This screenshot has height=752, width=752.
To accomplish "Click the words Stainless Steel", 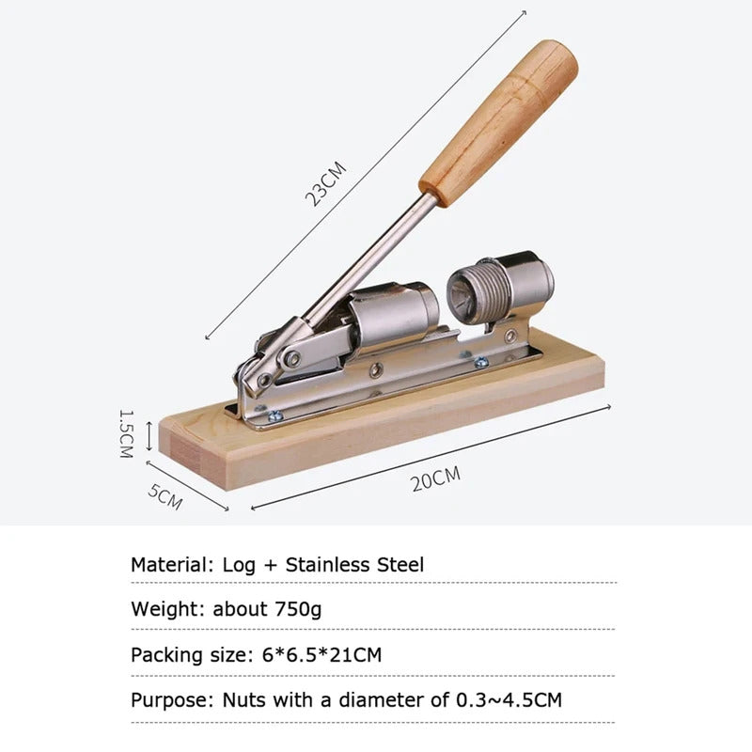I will (x=354, y=565).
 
